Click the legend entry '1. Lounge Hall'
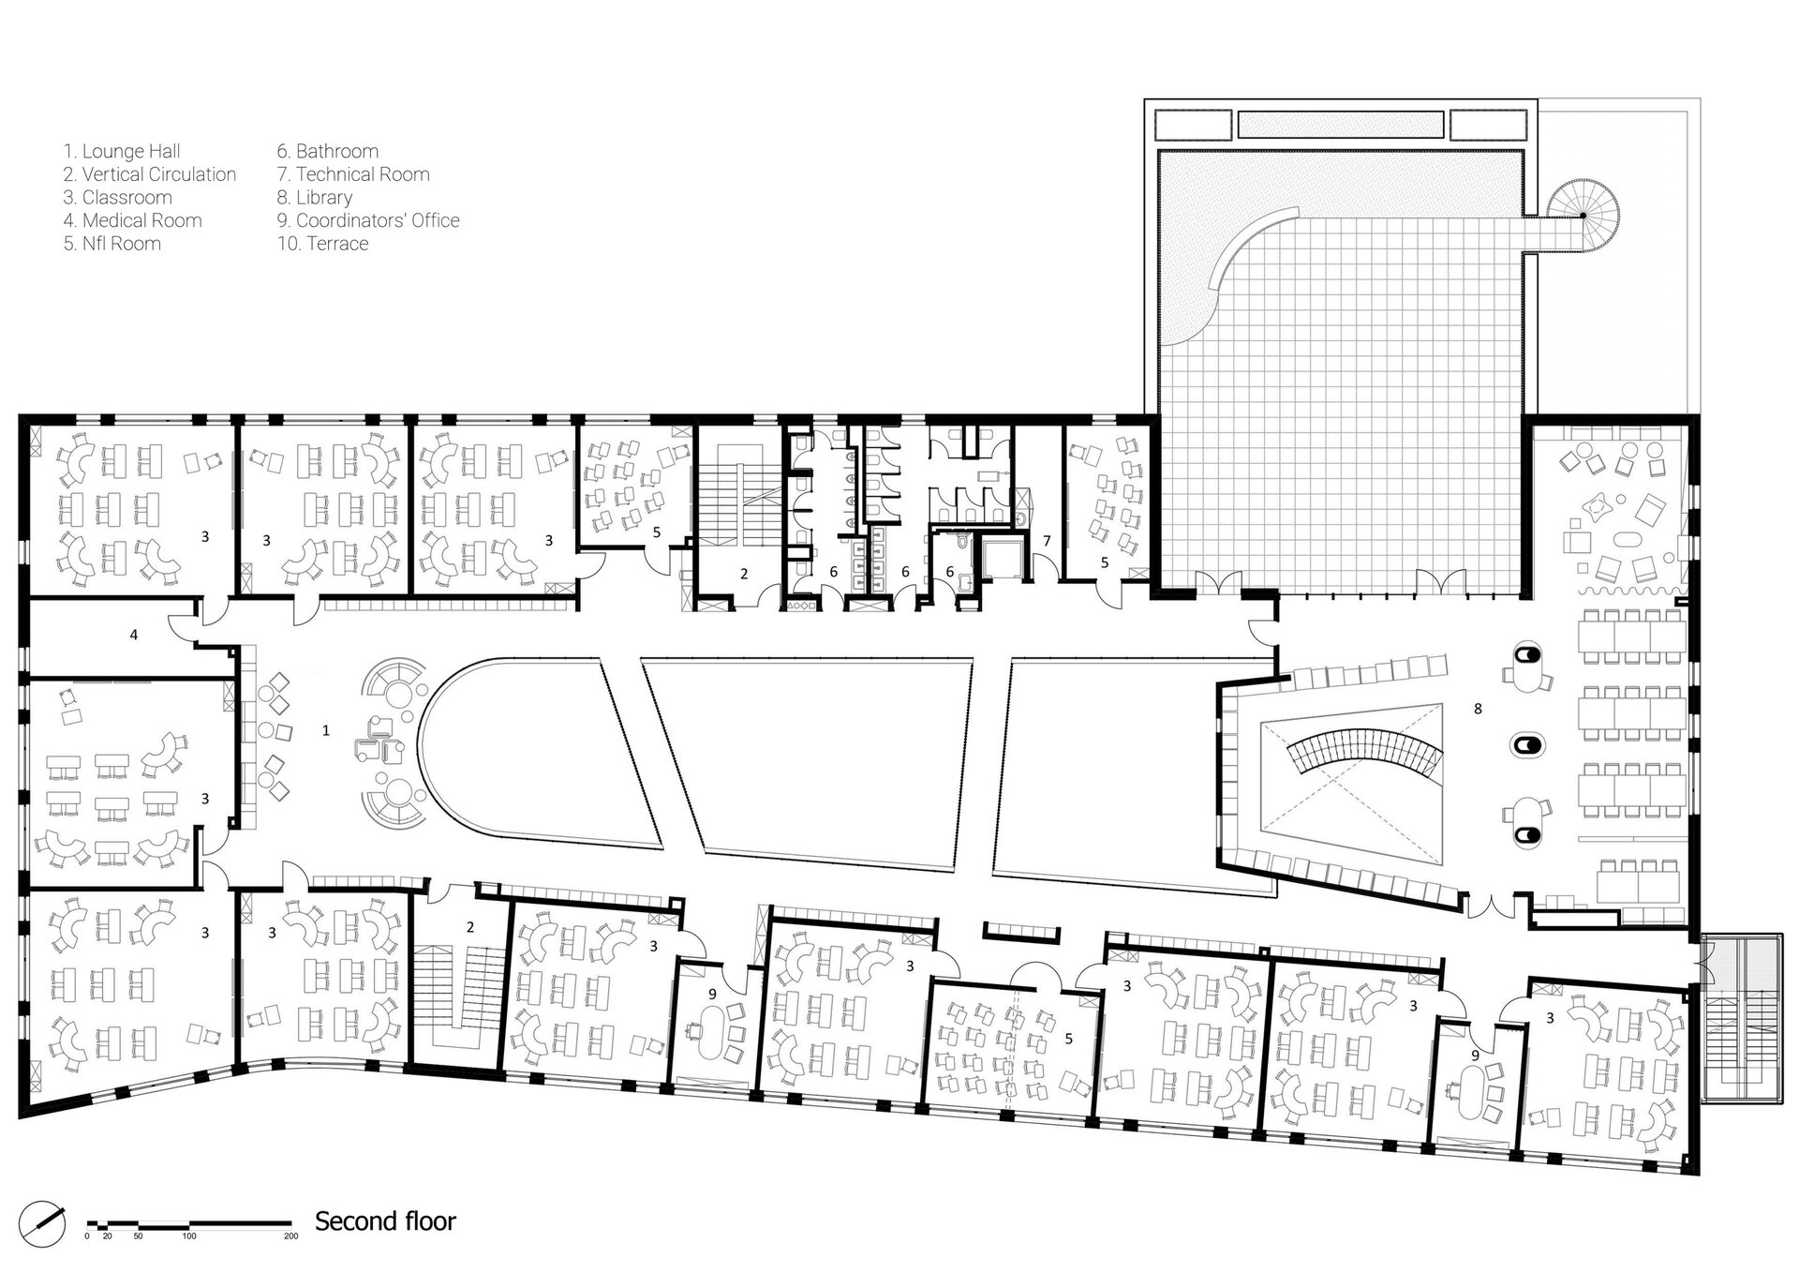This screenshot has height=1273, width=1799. coord(122,151)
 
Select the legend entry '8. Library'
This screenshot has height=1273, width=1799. coord(315,197)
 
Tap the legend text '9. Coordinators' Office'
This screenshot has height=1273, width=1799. coord(368,220)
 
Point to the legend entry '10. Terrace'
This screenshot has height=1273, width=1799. coord(322,244)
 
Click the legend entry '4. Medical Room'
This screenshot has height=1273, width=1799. coord(133,220)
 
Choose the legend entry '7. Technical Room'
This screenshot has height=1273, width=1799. coord(353,174)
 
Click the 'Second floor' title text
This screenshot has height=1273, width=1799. coord(385,1221)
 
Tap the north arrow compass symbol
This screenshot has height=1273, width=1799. coord(43,1224)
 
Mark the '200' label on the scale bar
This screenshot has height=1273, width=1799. coord(290,1236)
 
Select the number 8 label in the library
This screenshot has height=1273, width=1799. coord(1478,709)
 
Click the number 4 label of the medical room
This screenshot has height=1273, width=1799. coord(134,635)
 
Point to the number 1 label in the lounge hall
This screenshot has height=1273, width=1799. coord(326,730)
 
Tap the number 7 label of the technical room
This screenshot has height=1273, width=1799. coord(1047,541)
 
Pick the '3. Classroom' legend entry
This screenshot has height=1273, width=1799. coord(118,198)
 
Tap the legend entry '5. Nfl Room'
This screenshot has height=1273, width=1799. coord(112,244)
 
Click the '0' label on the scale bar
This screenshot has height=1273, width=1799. coord(87,1236)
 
